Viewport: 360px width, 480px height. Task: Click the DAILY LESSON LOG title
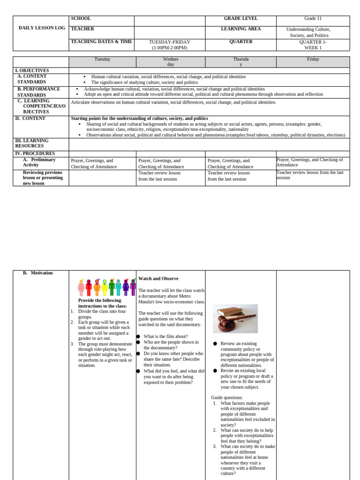tap(42, 28)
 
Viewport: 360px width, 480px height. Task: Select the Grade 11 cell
tap(313, 18)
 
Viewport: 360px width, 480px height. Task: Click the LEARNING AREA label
tap(240, 29)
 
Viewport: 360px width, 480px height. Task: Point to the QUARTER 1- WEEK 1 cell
tap(313, 45)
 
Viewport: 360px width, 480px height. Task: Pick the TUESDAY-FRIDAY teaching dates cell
tap(170, 45)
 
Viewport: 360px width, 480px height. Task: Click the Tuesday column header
tap(102, 59)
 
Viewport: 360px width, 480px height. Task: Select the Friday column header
tap(313, 59)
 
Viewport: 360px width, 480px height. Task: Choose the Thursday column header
tap(240, 62)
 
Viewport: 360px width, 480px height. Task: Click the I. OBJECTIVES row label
tap(32, 70)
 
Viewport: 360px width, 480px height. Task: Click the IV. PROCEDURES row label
tap(35, 153)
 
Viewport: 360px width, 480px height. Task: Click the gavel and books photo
tap(235, 319)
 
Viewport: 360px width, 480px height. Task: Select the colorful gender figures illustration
tap(107, 287)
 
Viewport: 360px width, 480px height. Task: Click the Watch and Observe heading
tap(158, 278)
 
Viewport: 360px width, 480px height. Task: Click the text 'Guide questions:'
tap(227, 397)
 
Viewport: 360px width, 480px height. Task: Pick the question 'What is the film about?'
tap(165, 336)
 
